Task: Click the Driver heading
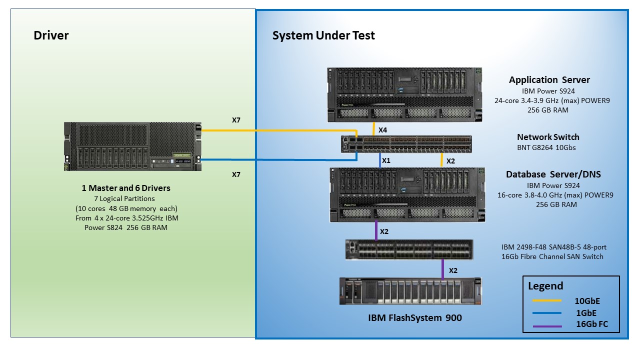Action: coord(51,35)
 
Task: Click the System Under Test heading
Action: coord(323,35)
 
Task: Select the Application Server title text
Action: coord(549,80)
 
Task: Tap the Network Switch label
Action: coord(548,137)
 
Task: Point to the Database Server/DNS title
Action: coord(553,174)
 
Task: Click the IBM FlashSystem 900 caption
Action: coord(415,317)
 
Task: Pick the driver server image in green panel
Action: coord(132,147)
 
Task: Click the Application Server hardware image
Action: coord(404,95)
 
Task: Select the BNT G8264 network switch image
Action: coord(406,143)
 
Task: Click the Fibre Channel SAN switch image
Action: coord(409,249)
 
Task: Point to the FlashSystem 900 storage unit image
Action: coord(410,291)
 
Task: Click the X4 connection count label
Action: coord(382,130)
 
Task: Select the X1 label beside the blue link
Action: coord(386,161)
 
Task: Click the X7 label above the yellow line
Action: coord(236,120)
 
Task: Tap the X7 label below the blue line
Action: coord(236,174)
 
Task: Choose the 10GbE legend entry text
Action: coord(586,301)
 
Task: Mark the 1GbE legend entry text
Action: coord(586,313)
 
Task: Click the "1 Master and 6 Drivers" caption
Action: coord(126,188)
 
